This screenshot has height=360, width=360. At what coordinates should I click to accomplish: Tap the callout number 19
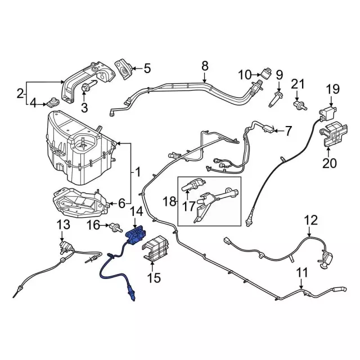click(333, 89)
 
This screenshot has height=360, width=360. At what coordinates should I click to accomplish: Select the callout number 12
click(310, 220)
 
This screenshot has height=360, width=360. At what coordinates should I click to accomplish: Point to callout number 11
click(303, 273)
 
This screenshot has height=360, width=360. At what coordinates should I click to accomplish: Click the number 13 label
click(64, 226)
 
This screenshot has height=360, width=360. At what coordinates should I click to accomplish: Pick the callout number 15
click(153, 277)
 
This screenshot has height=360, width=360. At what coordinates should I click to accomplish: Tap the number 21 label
click(298, 85)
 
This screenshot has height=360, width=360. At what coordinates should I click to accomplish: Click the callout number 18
click(169, 201)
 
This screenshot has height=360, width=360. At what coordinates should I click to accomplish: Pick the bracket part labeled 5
click(123, 69)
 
